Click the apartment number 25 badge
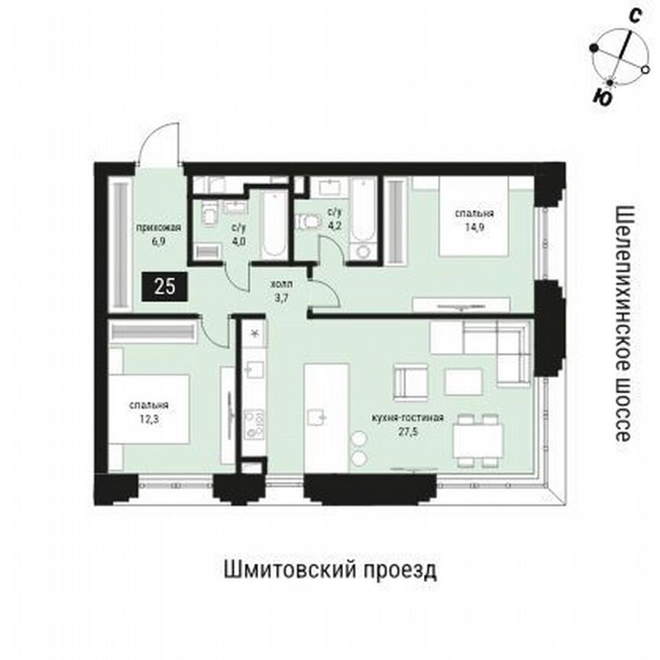(163, 288)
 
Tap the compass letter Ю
(603, 97)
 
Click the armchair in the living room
(410, 380)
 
